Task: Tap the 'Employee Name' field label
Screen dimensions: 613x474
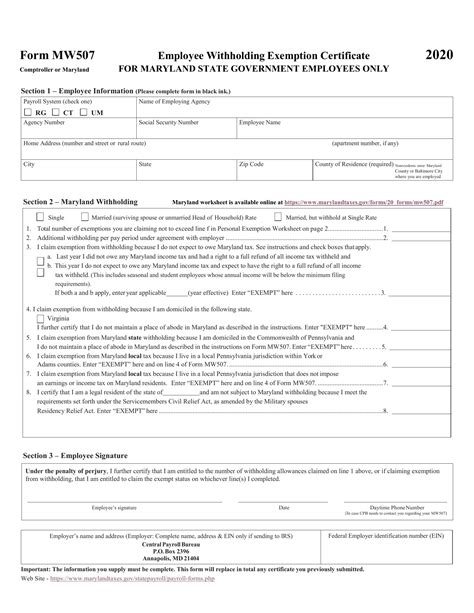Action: (x=259, y=122)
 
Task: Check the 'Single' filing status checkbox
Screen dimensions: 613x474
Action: (x=41, y=216)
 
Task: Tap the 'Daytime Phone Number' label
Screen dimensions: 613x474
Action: (x=387, y=507)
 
